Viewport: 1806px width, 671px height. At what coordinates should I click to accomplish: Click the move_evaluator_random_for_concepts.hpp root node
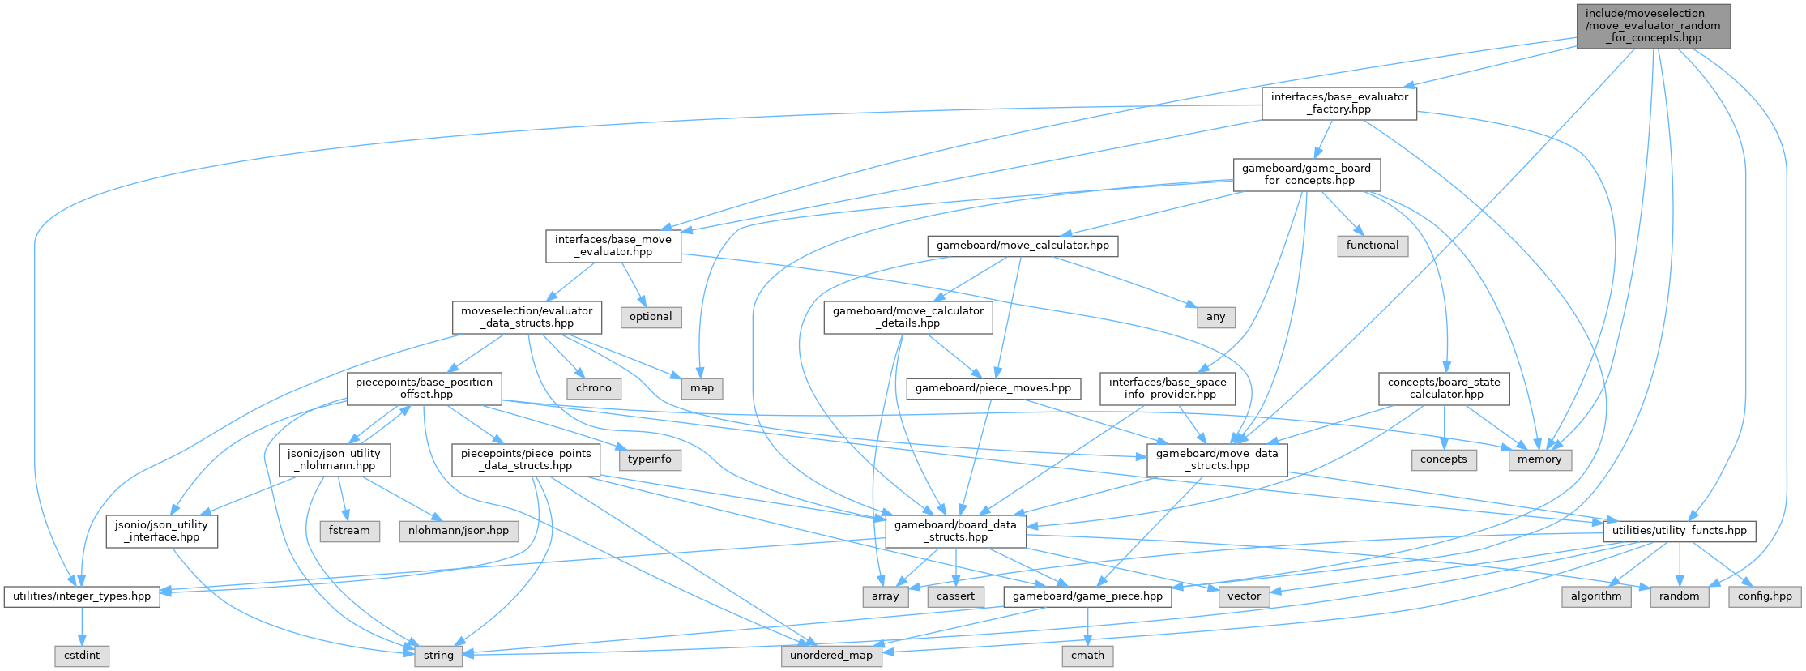[x=1653, y=26]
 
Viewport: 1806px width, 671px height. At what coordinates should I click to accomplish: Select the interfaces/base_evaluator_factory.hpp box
[x=1339, y=103]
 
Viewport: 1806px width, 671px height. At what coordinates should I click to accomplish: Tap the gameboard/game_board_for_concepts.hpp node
[x=1306, y=174]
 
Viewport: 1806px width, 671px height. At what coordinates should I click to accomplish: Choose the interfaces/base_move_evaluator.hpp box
[x=613, y=246]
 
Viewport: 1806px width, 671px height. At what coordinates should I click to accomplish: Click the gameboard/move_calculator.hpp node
[x=1023, y=246]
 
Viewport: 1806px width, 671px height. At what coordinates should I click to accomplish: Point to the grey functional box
[x=1372, y=246]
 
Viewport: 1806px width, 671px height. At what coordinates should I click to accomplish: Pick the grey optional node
[x=651, y=317]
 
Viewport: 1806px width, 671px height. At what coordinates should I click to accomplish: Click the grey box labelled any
[x=1215, y=317]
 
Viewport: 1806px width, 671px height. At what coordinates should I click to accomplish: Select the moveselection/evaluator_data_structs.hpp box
[x=527, y=317]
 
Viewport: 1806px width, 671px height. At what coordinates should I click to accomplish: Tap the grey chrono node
[x=594, y=388]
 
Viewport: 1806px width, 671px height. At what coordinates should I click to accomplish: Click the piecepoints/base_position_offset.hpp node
[x=424, y=388]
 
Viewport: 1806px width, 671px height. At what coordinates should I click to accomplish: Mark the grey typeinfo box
[x=650, y=459]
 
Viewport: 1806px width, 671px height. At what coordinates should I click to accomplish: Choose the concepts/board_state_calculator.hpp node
[x=1444, y=388]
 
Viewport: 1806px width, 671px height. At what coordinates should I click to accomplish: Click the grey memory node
[x=1539, y=459]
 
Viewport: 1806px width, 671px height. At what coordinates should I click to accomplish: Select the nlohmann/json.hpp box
[x=459, y=531]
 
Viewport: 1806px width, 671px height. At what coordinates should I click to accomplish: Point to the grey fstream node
[x=349, y=531]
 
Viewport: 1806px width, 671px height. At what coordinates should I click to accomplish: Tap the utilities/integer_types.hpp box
[x=82, y=596]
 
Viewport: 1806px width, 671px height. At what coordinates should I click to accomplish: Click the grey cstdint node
[x=82, y=656]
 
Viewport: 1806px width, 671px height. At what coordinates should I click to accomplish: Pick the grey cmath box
[x=1087, y=656]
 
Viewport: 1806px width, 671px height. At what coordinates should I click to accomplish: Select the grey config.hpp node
[x=1765, y=596]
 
